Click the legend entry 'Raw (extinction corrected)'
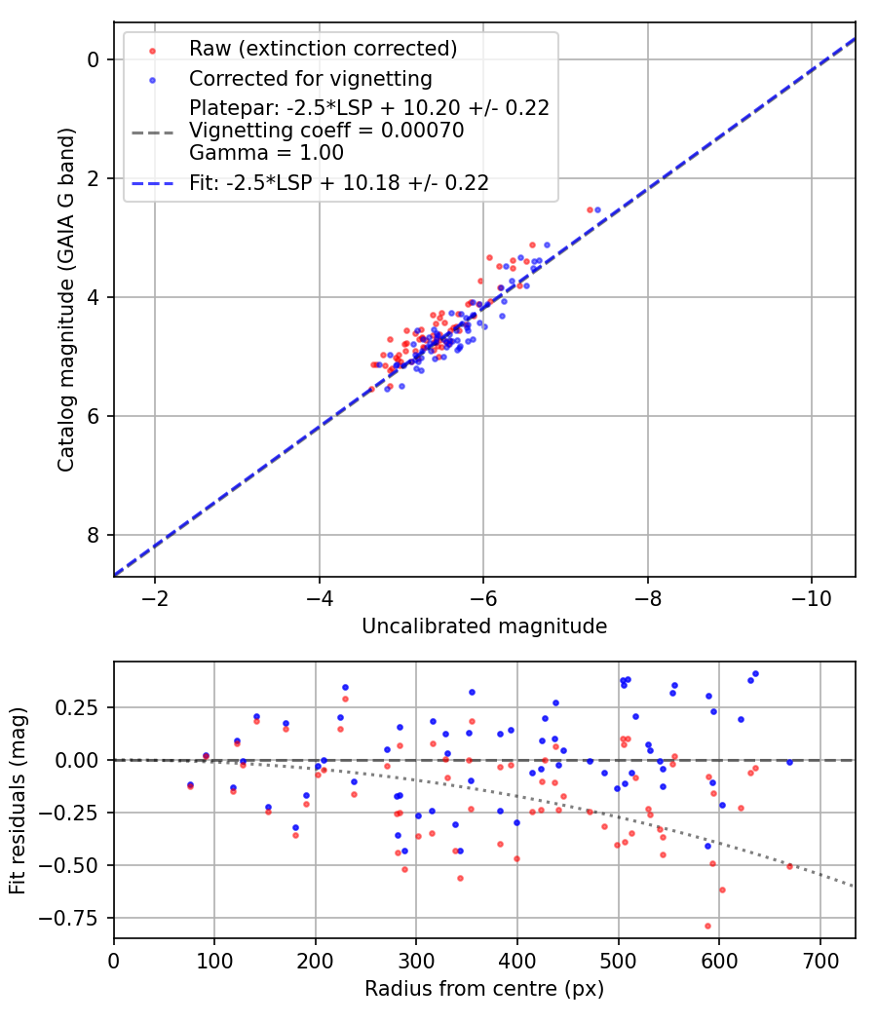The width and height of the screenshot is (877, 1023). coord(323,49)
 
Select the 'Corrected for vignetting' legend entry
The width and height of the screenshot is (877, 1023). coord(311,77)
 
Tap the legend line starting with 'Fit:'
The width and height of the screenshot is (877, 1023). coord(339,182)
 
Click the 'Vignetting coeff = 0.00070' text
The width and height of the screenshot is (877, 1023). coord(326,130)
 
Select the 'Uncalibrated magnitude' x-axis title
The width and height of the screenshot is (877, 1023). coord(484,626)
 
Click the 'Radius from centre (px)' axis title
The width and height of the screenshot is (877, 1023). coord(484,989)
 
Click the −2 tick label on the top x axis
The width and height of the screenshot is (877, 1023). coord(154,596)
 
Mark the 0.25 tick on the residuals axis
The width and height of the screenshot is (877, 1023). coord(85,706)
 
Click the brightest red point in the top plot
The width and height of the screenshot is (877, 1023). coord(590,209)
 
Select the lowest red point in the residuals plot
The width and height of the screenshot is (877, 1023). coord(707,926)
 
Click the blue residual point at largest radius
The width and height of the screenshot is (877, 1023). coord(789,762)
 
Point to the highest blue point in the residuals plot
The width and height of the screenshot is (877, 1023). coord(755,673)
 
